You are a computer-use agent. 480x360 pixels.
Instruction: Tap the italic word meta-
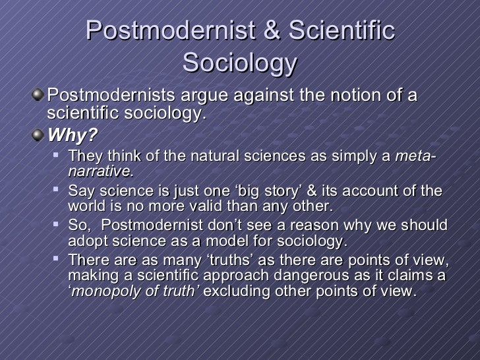click(x=417, y=157)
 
